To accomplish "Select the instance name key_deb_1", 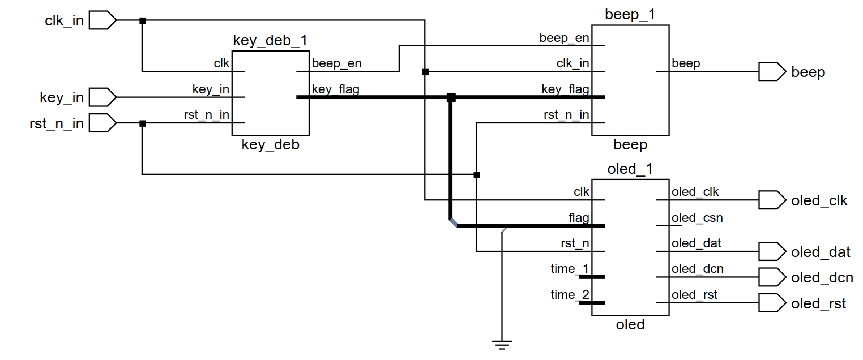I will pyautogui.click(x=270, y=41).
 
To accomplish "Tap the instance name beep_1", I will pyautogui.click(x=630, y=15).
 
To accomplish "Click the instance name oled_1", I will pyautogui.click(x=630, y=169).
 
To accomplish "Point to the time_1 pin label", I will pyautogui.click(x=570, y=268).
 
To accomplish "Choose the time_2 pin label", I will pyautogui.click(x=570, y=294).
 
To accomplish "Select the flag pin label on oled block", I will pyautogui.click(x=579, y=218).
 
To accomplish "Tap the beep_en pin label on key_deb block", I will pyautogui.click(x=336, y=63).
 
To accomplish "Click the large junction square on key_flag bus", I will pyautogui.click(x=451, y=97).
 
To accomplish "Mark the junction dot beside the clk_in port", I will pyautogui.click(x=143, y=21).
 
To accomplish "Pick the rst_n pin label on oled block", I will pyautogui.click(x=574, y=243).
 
